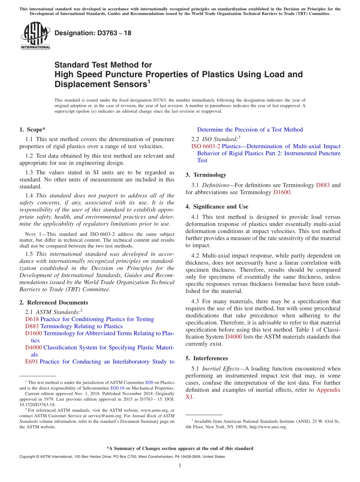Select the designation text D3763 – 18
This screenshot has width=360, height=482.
point(93,33)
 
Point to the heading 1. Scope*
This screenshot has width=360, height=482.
point(33,129)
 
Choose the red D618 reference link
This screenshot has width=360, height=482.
point(31,319)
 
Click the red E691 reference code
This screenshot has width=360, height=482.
point(31,361)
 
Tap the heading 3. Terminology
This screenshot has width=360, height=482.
point(206,175)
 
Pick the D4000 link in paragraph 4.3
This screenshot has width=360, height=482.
point(233,336)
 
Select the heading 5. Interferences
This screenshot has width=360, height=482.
point(207,358)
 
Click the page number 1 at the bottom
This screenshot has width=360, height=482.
point(180,465)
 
